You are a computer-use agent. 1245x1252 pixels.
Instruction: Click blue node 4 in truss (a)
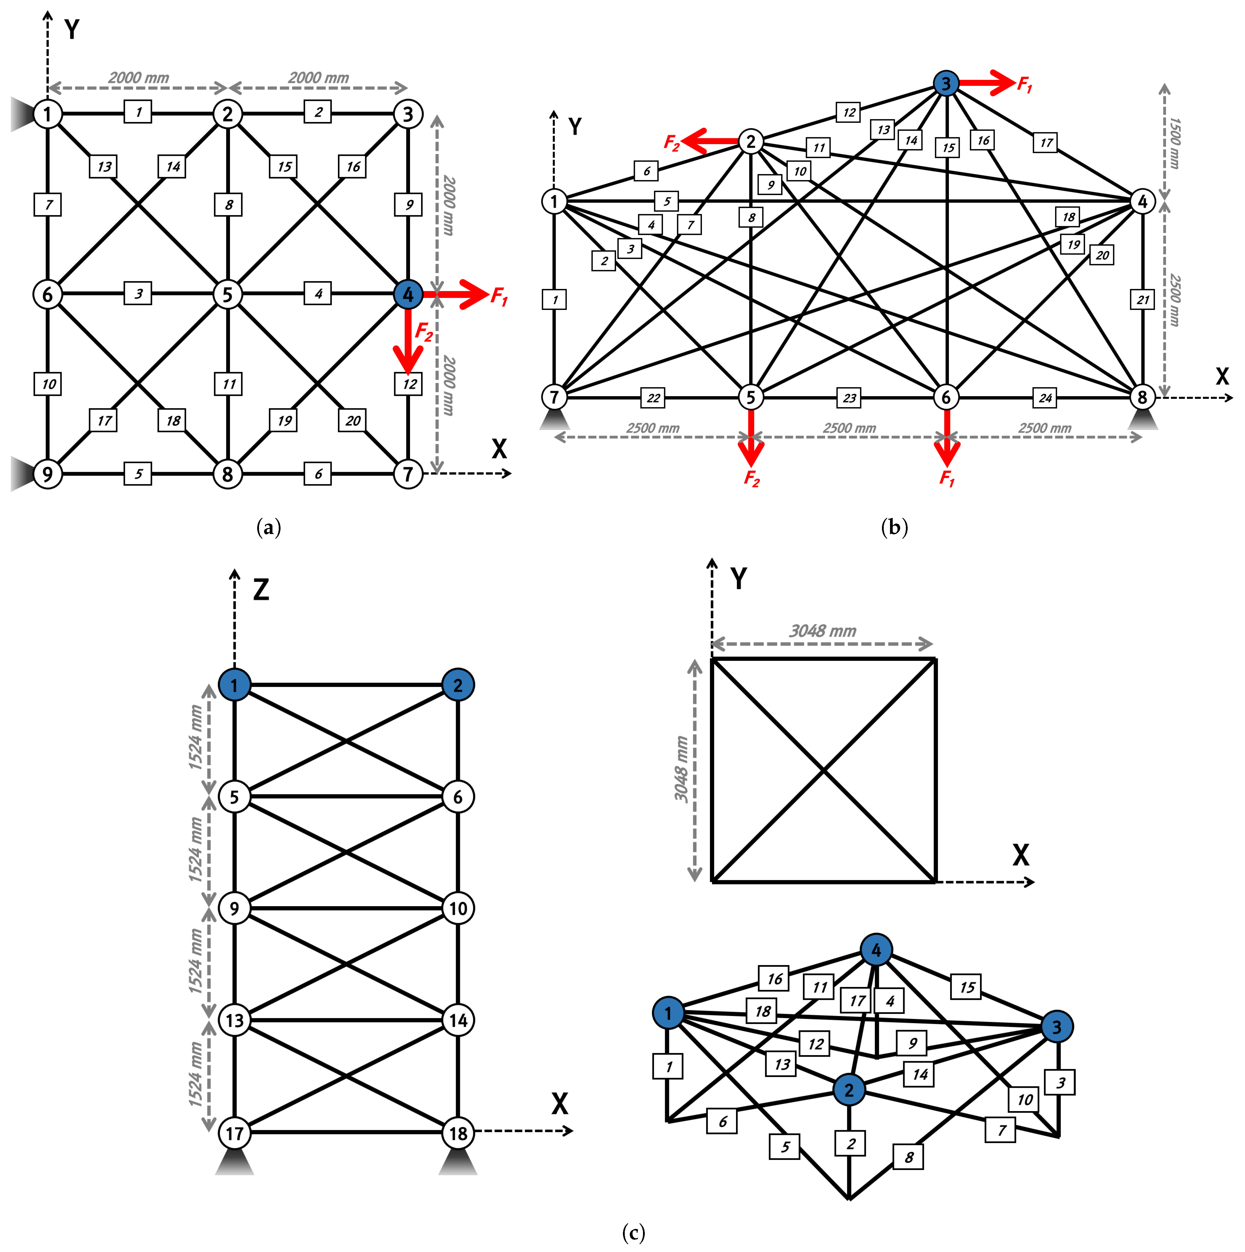408,294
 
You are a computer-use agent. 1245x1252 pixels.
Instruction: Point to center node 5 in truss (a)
227,294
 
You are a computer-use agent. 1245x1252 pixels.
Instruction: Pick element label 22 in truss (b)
653,398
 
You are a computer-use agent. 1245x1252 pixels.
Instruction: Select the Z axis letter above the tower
261,590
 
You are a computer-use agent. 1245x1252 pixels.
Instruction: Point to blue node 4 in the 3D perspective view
876,950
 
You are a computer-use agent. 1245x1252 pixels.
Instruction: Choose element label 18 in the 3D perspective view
762,1011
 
